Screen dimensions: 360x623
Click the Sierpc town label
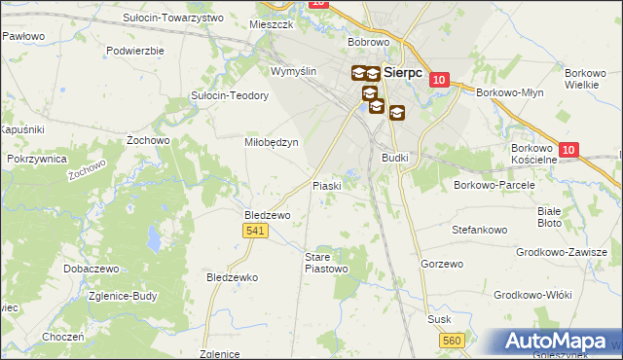click(403, 72)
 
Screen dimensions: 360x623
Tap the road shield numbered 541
click(255, 230)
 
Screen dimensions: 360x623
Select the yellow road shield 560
click(451, 340)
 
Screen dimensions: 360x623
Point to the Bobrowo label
click(369, 43)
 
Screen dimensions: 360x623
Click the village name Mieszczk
click(271, 24)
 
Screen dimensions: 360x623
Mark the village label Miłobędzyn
click(270, 141)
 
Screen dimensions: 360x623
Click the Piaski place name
click(325, 186)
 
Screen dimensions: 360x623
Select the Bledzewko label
click(232, 277)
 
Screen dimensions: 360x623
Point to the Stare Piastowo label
click(326, 262)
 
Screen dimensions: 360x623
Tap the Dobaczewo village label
click(91, 268)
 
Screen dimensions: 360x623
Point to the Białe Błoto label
click(551, 216)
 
